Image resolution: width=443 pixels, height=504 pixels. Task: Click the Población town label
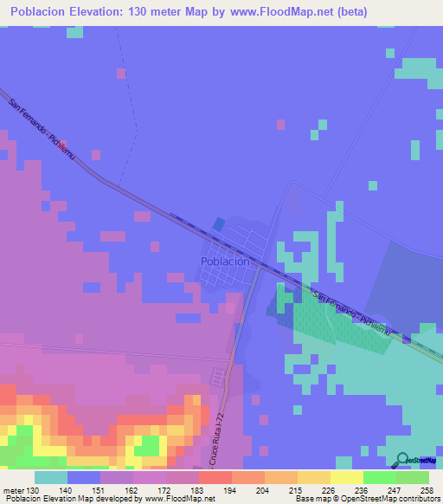click(225, 261)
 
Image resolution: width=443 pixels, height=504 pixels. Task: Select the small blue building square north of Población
click(217, 224)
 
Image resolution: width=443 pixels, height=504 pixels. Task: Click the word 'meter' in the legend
click(10, 489)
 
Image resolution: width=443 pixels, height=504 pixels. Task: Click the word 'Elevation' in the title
click(91, 11)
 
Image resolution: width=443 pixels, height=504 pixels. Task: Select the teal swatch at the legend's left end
click(51, 477)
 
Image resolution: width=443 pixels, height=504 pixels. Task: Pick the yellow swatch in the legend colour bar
click(346, 477)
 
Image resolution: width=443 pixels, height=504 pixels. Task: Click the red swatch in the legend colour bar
click(215, 477)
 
